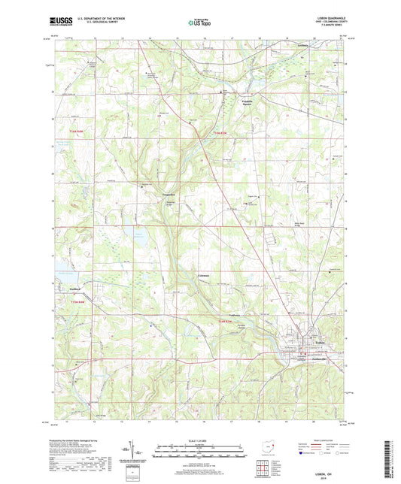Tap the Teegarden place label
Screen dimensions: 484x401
pos(148,194)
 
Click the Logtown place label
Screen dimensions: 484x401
pos(234,316)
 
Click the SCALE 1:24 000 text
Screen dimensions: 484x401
pos(199,440)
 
